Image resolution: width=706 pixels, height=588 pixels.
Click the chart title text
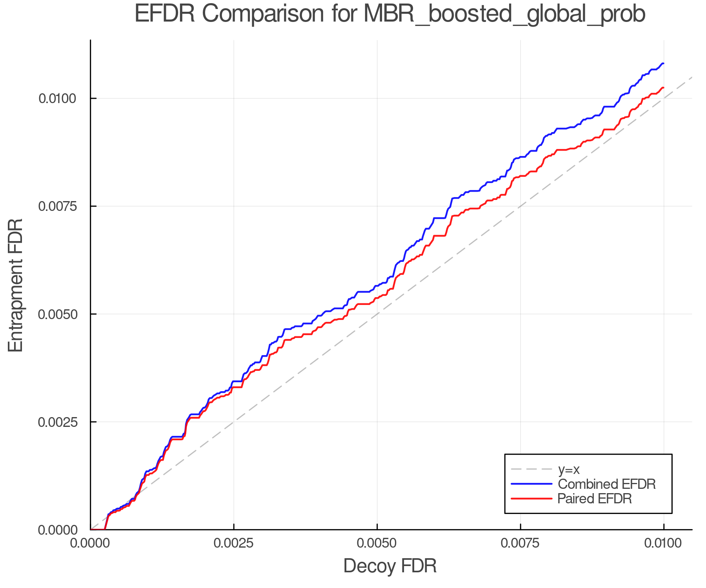pyautogui.click(x=390, y=14)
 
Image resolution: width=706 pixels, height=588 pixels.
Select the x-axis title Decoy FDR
pyautogui.click(x=390, y=566)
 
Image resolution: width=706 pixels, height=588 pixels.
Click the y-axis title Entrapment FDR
pyautogui.click(x=16, y=285)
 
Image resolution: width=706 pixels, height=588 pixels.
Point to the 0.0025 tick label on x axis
pyautogui.click(x=234, y=543)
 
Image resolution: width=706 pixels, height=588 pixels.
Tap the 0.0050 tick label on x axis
pyautogui.click(x=377, y=543)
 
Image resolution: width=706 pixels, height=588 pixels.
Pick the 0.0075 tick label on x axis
pyautogui.click(x=520, y=543)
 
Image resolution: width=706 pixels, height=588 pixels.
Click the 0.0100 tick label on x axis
pyautogui.click(x=663, y=543)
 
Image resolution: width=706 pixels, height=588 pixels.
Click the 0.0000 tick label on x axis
pyautogui.click(x=91, y=543)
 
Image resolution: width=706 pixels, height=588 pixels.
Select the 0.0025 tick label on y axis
pyautogui.click(x=57, y=422)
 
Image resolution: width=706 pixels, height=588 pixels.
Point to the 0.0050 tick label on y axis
pyautogui.click(x=57, y=314)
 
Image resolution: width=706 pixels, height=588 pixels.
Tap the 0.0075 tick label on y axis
pyautogui.click(x=57, y=206)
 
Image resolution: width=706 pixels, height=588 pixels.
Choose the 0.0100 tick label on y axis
pyautogui.click(x=57, y=98)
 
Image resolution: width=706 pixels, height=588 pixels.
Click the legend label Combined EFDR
pyautogui.click(x=606, y=484)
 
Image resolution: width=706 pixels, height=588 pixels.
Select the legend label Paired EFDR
pyautogui.click(x=595, y=499)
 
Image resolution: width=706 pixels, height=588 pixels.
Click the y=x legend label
pyautogui.click(x=569, y=469)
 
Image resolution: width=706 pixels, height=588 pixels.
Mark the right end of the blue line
pyautogui.click(x=663, y=63)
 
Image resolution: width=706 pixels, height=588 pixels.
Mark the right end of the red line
pyautogui.click(x=663, y=87)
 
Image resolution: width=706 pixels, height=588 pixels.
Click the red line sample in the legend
pyautogui.click(x=531, y=499)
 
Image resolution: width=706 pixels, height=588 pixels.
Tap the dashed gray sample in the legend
pyautogui.click(x=531, y=469)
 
